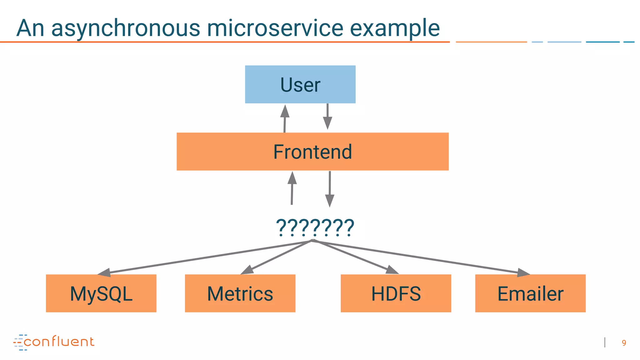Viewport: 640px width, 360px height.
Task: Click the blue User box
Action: (x=300, y=84)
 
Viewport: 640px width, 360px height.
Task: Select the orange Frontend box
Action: (x=312, y=152)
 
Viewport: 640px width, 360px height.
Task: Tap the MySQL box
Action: (x=101, y=293)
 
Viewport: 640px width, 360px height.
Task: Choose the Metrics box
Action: (x=240, y=293)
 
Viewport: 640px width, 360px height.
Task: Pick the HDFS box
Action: (x=396, y=293)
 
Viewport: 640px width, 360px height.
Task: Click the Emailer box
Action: (x=530, y=293)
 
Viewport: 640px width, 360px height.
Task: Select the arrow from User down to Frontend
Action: (x=327, y=116)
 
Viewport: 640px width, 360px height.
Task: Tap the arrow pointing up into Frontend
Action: (x=292, y=187)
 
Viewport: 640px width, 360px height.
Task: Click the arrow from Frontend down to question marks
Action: (x=330, y=189)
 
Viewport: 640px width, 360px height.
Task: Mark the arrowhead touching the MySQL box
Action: (x=105, y=272)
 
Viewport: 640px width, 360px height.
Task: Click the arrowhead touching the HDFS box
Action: (x=392, y=270)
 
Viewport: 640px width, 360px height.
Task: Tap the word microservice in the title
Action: (x=275, y=28)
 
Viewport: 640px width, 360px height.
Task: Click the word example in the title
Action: (x=395, y=28)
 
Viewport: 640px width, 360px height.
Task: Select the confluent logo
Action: (x=54, y=342)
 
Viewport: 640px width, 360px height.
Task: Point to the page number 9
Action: (x=624, y=343)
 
